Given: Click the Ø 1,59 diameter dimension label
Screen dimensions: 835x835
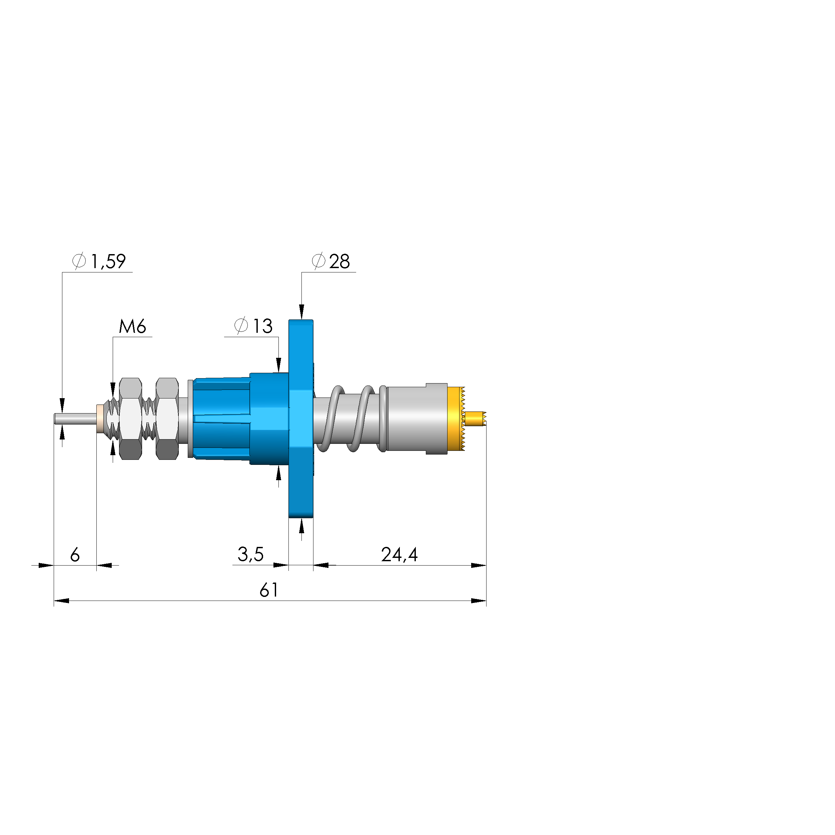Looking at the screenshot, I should pos(99,261).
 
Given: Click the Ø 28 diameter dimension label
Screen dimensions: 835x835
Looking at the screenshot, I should pos(331,261).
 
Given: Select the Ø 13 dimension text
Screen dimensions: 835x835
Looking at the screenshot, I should pos(254,326).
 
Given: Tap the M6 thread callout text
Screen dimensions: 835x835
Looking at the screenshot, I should pos(132,327).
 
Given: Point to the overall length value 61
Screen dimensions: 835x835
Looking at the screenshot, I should pos(268,590).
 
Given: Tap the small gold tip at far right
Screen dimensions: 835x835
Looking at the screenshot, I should pos(476,419).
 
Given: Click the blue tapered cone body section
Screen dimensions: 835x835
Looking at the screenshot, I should pos(222,419).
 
